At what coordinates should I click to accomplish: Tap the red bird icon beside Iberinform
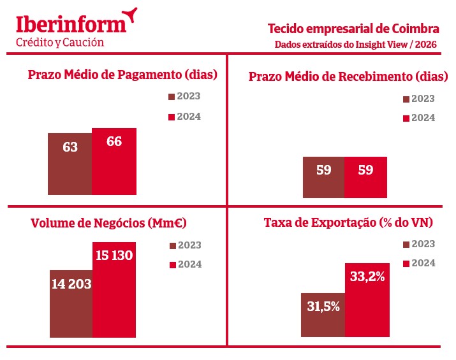click(x=131, y=14)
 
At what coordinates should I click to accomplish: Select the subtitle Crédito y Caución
click(x=59, y=42)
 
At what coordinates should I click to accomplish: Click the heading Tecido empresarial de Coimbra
click(x=353, y=29)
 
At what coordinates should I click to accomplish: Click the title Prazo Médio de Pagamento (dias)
click(x=123, y=75)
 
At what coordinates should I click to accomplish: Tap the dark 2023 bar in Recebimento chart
click(x=323, y=177)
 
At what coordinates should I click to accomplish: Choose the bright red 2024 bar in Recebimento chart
click(x=365, y=177)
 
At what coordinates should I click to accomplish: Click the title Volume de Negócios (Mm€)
click(x=108, y=224)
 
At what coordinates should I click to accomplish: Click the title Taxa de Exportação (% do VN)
click(x=349, y=223)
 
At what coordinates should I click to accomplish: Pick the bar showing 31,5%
click(x=323, y=315)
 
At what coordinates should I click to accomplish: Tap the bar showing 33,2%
click(x=367, y=299)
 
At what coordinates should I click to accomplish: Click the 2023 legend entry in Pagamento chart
click(x=185, y=97)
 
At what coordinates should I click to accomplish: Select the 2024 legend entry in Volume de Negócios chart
click(x=185, y=264)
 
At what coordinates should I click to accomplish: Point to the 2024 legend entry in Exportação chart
click(x=419, y=263)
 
